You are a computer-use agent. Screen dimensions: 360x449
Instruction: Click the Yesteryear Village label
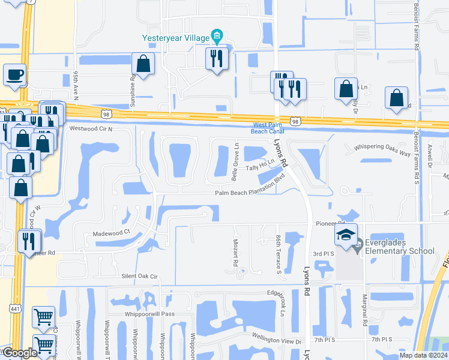(x=175, y=37)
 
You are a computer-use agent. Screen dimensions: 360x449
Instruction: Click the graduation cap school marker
(x=346, y=234)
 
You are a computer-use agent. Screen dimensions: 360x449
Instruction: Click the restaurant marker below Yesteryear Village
(x=217, y=58)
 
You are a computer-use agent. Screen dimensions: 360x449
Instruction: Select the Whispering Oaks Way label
(x=382, y=150)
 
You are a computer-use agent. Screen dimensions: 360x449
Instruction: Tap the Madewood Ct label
(x=111, y=230)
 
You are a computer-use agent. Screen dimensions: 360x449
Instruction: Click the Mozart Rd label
(x=236, y=253)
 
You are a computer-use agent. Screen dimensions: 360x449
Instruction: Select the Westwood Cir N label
(x=91, y=128)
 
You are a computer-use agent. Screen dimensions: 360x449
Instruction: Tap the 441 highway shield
(x=13, y=308)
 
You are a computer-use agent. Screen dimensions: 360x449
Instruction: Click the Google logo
(x=19, y=353)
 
